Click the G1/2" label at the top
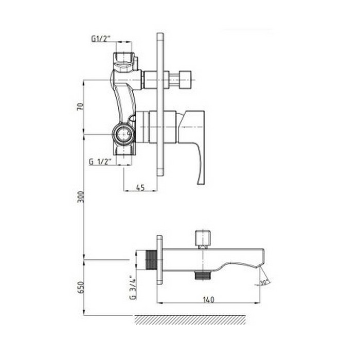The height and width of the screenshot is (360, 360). click(101, 39)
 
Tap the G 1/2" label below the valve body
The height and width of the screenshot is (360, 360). click(100, 161)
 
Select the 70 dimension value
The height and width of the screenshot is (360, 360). click(80, 106)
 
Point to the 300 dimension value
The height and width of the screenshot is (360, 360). click(81, 196)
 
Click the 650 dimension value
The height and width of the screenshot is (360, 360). click(81, 287)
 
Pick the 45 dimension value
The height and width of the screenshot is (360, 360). click(140, 187)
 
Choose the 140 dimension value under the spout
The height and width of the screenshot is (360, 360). click(208, 299)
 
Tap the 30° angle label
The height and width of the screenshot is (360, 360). click(265, 282)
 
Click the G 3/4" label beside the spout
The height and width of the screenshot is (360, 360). click(133, 287)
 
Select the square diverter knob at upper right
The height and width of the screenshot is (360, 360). click(185, 79)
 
